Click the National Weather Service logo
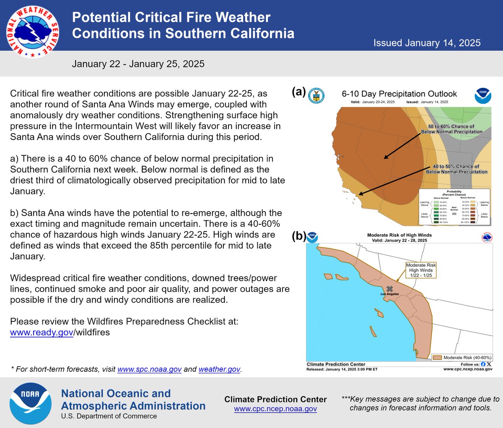coord(33,32)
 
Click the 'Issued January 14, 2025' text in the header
coord(427,43)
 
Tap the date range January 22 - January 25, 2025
coord(138,64)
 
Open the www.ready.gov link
coord(41,332)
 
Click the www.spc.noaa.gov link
coord(149,369)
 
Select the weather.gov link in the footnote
coord(219,369)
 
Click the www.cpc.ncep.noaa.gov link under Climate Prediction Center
coord(275,409)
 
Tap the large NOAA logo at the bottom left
coord(30,403)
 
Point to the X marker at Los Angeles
coord(390,289)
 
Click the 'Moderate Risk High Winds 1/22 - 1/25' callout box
coord(421,270)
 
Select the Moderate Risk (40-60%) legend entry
coord(462,358)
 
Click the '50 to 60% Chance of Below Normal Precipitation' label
coord(451,129)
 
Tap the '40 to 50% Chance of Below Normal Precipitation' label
coord(456,169)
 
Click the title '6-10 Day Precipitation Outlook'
coord(399,94)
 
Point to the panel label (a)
coord(299,92)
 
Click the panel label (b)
coord(299,236)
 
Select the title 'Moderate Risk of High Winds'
coord(399,235)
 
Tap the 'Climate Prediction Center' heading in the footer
coord(275,399)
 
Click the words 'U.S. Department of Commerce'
coord(109,416)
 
